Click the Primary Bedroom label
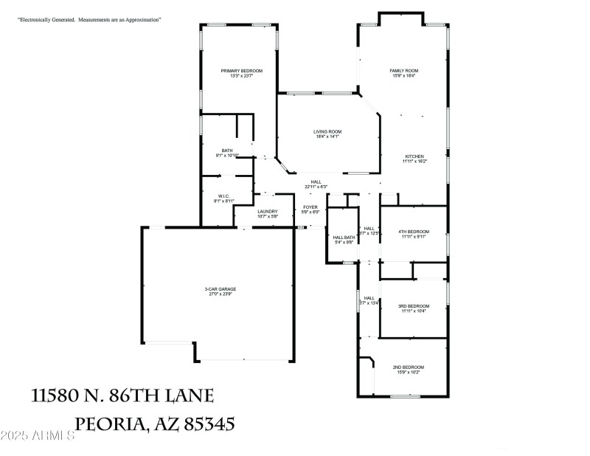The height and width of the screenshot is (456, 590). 241,70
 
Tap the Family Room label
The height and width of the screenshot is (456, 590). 404,70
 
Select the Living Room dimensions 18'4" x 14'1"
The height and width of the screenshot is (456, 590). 327,137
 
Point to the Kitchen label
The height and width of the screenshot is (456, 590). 414,156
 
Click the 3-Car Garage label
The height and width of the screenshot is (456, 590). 221,289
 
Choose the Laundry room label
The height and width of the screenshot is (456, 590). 268,211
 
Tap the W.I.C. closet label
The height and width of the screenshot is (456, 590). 223,196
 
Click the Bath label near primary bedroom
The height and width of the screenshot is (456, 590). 227,151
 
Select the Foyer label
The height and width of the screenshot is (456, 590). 310,207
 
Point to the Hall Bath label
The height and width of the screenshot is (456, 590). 344,237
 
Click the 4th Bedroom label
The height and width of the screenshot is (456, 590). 414,232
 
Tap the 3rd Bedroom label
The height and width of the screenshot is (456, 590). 414,305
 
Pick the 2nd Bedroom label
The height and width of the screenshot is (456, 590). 408,367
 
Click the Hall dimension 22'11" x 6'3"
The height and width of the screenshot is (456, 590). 316,187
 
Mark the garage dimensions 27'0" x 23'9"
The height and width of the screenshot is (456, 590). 221,294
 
